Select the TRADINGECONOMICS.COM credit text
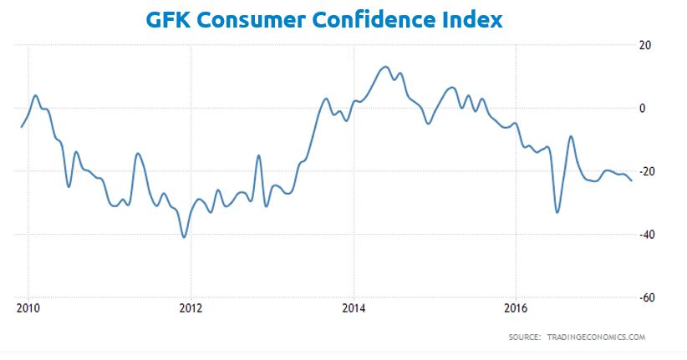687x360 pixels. pyautogui.click(x=596, y=337)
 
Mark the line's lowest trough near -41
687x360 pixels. pyautogui.click(x=184, y=237)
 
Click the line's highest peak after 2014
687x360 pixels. pyautogui.click(x=384, y=67)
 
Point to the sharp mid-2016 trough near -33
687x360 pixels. pyautogui.click(x=557, y=212)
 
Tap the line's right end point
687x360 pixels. pyautogui.click(x=632, y=180)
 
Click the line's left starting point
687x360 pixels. pyautogui.click(x=21, y=127)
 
